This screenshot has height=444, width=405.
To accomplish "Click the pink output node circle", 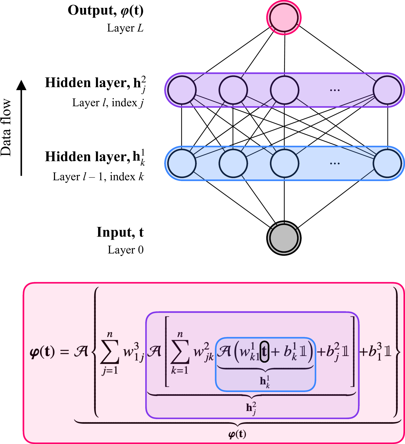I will (284, 18).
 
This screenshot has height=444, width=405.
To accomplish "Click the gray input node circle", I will (284, 238).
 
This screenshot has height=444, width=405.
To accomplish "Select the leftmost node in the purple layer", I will (182, 90).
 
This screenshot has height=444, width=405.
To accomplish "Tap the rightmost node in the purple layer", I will (387, 90).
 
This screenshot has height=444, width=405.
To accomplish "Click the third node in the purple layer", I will (284, 90).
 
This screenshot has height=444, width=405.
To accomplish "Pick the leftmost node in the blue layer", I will (182, 163).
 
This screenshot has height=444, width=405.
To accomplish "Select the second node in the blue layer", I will (233, 163).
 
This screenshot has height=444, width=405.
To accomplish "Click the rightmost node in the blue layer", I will (387, 163).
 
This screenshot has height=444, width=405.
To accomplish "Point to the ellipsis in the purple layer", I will (335, 90).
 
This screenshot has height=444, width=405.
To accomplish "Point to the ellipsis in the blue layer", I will (335, 163).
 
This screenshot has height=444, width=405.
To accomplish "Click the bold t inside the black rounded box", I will (264, 352).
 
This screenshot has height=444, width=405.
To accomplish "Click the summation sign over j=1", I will (110, 352).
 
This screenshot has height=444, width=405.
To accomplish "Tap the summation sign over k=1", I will (180, 352).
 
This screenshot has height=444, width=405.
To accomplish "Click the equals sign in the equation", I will (64, 352).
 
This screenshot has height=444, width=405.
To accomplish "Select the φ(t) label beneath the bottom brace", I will (237, 434).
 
